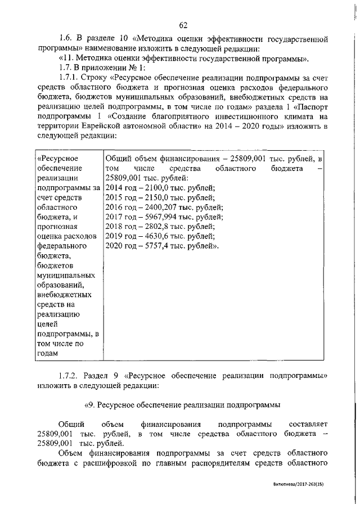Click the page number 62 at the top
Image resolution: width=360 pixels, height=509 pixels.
[183, 24]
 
